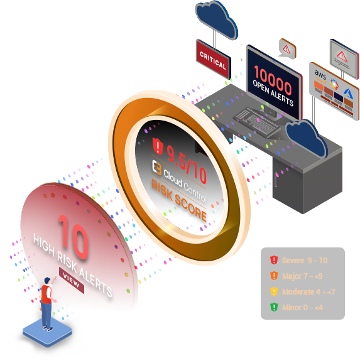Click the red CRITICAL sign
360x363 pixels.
214,60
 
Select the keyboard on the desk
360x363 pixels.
257,122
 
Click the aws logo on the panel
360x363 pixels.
320,76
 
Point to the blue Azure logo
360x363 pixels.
349,94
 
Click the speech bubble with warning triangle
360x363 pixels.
287,49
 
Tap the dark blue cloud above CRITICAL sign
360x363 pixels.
217,20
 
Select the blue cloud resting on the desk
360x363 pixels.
307,138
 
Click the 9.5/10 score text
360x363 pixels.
187,164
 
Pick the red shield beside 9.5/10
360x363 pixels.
158,146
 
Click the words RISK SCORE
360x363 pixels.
178,200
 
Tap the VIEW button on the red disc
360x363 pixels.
72,280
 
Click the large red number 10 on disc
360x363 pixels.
74,237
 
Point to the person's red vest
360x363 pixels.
46,294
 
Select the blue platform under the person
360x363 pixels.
48,332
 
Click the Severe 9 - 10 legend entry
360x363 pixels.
299,260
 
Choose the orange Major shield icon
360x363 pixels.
274,276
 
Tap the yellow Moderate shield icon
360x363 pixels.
274,291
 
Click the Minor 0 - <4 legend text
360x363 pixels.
302,308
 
